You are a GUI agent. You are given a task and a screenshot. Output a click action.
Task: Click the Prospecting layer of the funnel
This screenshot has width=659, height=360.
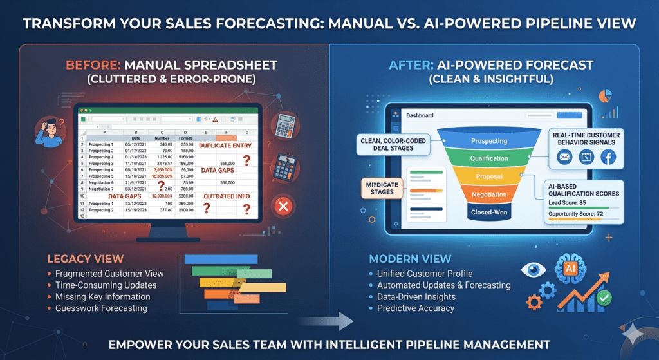click(488, 140)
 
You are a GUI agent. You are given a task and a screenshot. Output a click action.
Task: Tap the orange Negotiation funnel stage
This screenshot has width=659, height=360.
click(488, 194)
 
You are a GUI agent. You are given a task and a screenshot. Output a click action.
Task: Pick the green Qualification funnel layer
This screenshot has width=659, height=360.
click(488, 158)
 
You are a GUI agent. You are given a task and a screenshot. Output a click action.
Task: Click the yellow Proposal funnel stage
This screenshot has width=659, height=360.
click(488, 176)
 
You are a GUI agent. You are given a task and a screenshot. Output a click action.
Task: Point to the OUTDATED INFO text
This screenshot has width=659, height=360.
click(227, 196)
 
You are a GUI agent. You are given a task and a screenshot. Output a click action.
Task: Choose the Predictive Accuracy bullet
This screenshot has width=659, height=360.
click(416, 308)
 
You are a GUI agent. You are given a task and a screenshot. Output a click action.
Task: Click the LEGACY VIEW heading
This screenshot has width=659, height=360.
click(85, 259)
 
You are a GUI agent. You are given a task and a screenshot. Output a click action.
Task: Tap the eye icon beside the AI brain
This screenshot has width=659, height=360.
click(534, 269)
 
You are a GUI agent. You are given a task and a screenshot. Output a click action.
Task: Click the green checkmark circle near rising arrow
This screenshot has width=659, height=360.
click(604, 298)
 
